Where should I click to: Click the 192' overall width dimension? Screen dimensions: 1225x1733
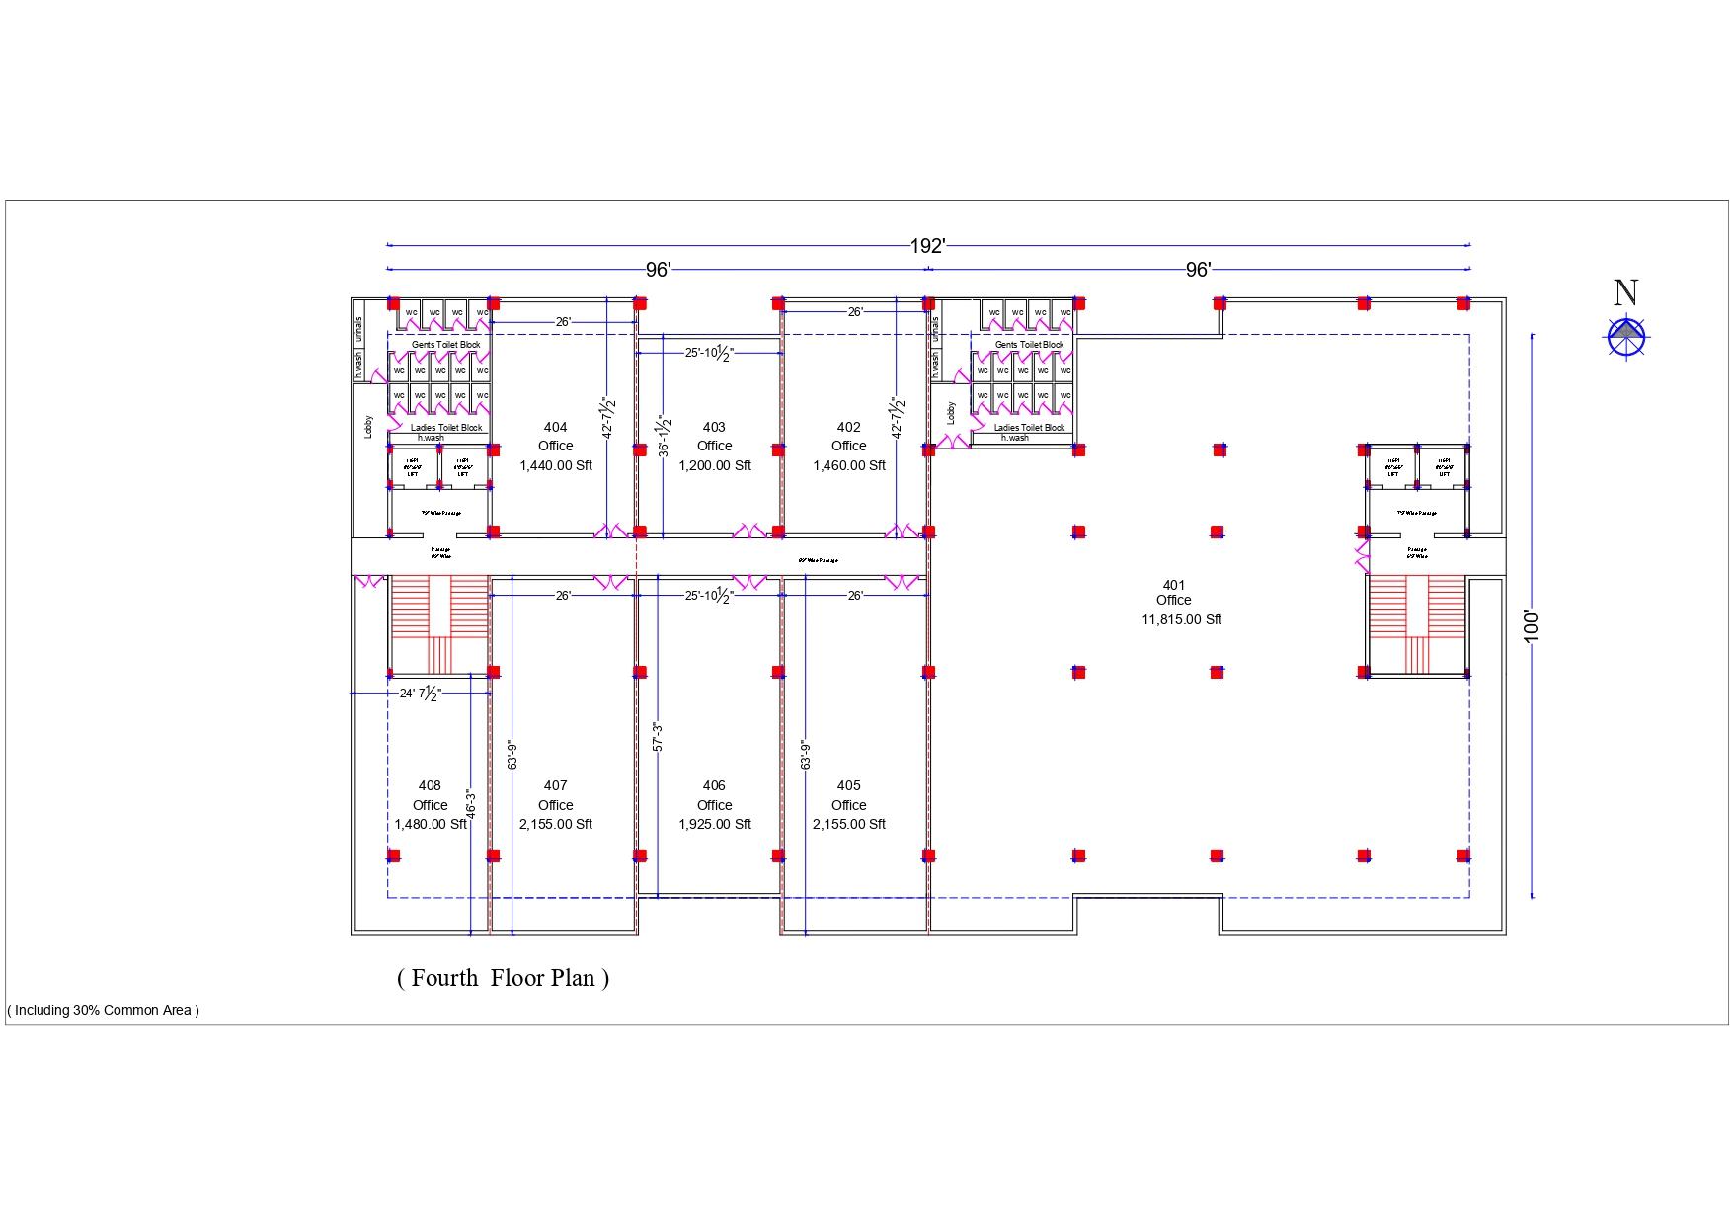tap(927, 245)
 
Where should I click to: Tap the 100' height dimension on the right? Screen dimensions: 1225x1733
tap(1532, 625)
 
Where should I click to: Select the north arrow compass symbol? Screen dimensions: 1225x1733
tap(1625, 336)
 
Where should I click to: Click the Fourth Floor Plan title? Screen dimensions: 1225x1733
tap(503, 978)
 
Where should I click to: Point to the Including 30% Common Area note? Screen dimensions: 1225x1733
tap(104, 1010)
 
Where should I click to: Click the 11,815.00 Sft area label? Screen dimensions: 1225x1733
tap(1181, 619)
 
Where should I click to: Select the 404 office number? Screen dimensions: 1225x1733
tap(555, 427)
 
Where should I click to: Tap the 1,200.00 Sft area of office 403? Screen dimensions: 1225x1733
tap(714, 465)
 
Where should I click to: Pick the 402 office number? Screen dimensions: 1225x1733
tap(848, 427)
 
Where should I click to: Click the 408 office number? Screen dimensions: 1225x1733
tap(430, 785)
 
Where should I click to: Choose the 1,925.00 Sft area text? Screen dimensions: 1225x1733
tap(714, 824)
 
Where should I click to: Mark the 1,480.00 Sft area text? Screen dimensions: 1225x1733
tap(430, 824)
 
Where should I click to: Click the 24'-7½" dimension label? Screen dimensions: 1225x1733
tap(420, 694)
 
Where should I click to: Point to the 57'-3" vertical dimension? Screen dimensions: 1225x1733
tap(658, 737)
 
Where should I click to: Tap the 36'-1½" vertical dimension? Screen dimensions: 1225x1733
tap(665, 436)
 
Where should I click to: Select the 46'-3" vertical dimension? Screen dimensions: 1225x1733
tap(471, 803)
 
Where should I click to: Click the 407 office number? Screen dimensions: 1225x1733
tap(555, 785)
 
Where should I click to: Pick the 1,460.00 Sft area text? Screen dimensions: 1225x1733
tap(848, 465)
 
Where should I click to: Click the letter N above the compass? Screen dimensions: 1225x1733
tap(1625, 292)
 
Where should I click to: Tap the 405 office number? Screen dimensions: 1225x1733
tap(848, 785)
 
